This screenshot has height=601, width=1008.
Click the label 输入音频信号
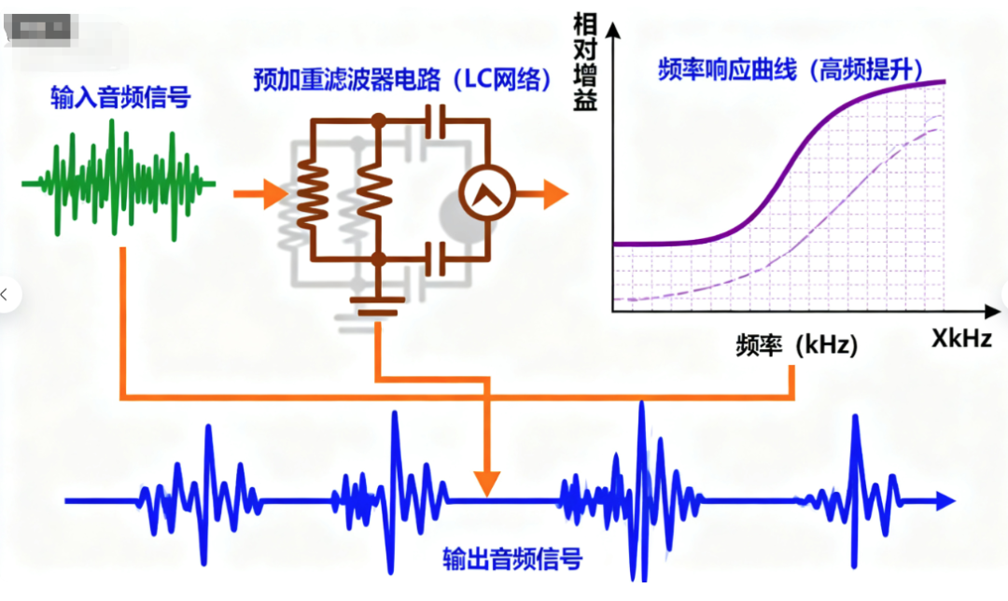(120, 96)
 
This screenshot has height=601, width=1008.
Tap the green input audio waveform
(117, 182)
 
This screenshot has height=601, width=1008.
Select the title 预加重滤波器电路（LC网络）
(401, 79)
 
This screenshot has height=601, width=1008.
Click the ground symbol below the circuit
(378, 303)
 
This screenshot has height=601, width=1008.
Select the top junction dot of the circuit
(378, 120)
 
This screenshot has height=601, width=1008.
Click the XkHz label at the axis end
(961, 339)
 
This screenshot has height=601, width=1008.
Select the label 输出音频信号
(512, 559)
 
